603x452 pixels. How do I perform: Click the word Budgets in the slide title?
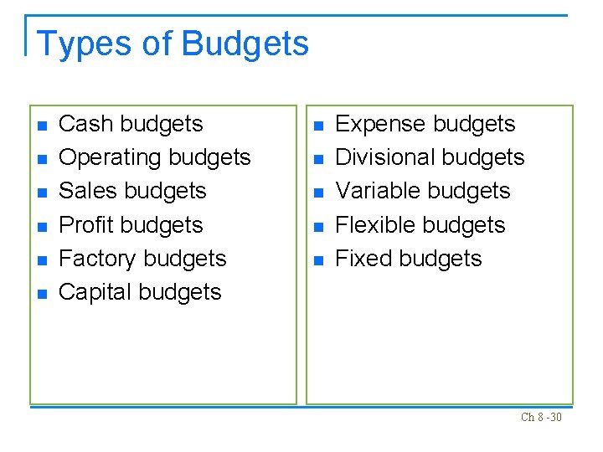click(245, 44)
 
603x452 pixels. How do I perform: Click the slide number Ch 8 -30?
click(541, 417)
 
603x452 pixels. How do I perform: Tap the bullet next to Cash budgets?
click(42, 126)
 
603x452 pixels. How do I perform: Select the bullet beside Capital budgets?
click(42, 294)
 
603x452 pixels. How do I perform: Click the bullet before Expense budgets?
click(317, 126)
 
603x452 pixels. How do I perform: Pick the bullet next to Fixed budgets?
click(317, 260)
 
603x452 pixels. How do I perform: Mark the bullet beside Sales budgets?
click(42, 193)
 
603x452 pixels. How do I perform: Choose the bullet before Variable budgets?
click(317, 193)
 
